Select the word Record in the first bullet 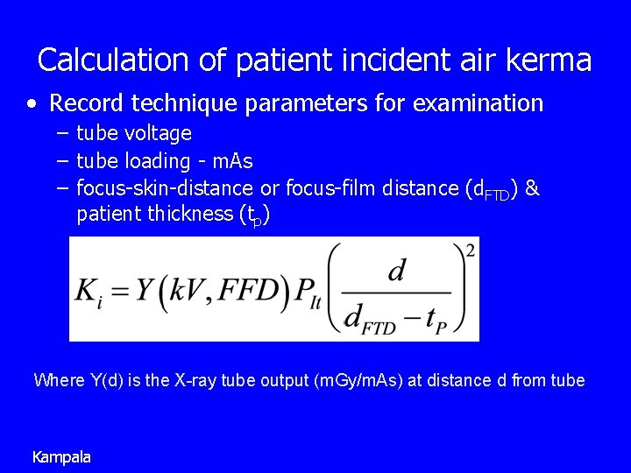(87, 104)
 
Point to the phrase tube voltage (134, 134)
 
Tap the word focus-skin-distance (165, 188)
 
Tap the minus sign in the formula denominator (408, 321)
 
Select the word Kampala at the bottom (61, 456)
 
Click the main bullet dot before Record (32, 104)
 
